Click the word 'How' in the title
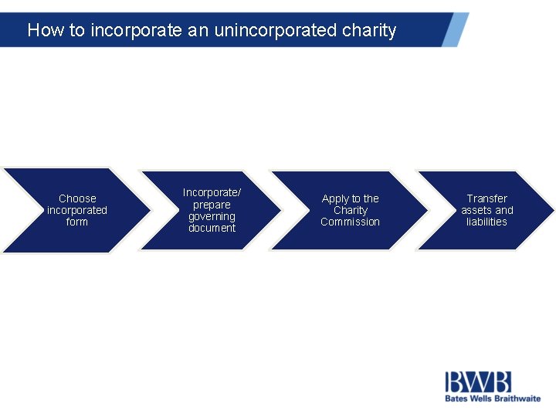pyautogui.click(x=44, y=31)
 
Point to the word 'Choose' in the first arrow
pyautogui.click(x=77, y=198)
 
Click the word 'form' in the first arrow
pyautogui.click(x=77, y=222)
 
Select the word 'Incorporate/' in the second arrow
pyautogui.click(x=212, y=192)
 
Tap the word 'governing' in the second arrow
pyautogui.click(x=212, y=216)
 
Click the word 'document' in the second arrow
pyautogui.click(x=212, y=228)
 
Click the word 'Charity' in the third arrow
pyautogui.click(x=351, y=210)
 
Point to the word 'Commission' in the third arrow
pyautogui.click(x=351, y=222)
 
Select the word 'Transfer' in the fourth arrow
pyautogui.click(x=487, y=198)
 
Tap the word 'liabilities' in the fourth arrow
pyautogui.click(x=487, y=222)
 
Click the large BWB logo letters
pyautogui.click(x=478, y=382)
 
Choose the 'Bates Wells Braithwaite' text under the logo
pyautogui.click(x=493, y=398)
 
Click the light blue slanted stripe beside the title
pyautogui.click(x=456, y=29)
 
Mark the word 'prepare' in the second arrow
pyautogui.click(x=212, y=205)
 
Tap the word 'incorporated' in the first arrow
pyautogui.click(x=77, y=210)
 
